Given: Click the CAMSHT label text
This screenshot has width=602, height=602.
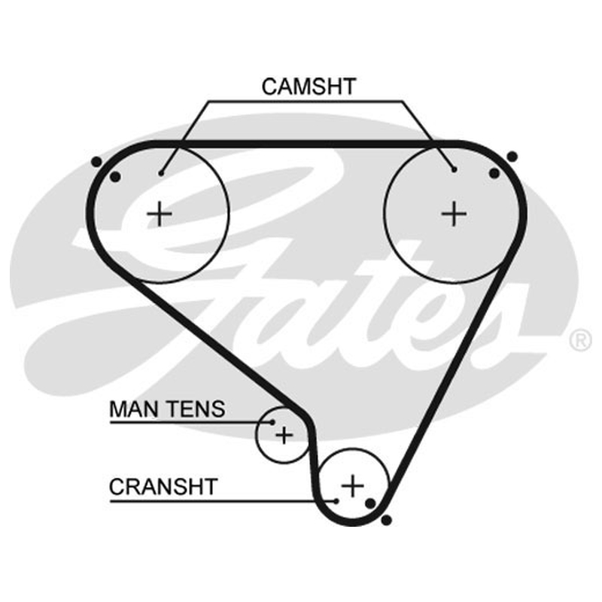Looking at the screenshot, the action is pos(309,87).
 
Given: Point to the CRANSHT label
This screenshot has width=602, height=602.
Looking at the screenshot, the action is pos(163,486).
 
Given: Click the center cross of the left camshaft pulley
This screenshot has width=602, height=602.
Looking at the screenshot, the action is pos(160,214).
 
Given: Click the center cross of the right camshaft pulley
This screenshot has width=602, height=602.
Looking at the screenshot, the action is pos(455,214).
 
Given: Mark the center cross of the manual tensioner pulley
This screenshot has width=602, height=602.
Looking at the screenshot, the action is pos(284,436).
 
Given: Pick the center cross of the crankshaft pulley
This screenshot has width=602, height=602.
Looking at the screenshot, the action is pos(352,486).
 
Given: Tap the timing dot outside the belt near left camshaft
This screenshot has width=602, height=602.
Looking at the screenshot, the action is pos(97,162).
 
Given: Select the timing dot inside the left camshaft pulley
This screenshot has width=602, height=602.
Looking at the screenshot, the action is pos(115,177).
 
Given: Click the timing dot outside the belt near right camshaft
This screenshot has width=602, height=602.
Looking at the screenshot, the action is pos(512,157).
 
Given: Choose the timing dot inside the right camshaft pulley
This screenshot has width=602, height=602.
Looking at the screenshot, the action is pos(494,174).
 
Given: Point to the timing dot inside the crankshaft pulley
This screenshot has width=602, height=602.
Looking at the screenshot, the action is pos(370,503).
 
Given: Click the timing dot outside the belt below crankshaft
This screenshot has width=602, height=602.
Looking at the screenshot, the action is pos(386,520).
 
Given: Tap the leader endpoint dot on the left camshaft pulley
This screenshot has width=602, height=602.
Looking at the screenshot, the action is pos(161,174).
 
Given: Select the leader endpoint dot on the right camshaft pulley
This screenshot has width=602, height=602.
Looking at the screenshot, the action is pos(455,169).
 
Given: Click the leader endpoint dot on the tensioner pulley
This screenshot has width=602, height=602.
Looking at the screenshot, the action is pos(272,422).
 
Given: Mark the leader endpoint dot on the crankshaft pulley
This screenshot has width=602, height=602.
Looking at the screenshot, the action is pos(336,501).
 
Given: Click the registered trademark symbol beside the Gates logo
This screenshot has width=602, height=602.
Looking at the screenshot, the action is pos(580,341).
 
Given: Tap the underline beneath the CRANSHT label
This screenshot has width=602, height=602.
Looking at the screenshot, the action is pos(223,501).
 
